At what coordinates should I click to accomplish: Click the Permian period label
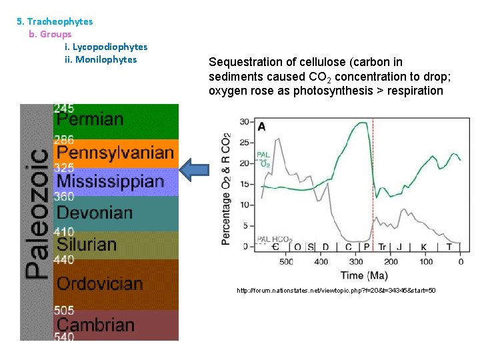(x=90, y=120)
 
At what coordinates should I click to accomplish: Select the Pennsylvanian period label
(x=115, y=153)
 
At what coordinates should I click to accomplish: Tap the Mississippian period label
(x=110, y=181)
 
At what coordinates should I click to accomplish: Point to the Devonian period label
(x=95, y=213)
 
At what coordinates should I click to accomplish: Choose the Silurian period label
(x=87, y=245)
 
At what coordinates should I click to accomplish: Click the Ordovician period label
(x=100, y=283)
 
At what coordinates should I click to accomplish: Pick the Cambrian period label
(x=95, y=325)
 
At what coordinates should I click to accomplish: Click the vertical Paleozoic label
(x=37, y=213)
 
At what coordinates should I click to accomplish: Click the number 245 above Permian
(x=64, y=108)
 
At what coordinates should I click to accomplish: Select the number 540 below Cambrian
(x=64, y=337)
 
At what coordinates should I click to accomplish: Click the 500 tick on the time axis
(x=286, y=261)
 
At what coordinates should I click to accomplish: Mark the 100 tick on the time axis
(x=425, y=261)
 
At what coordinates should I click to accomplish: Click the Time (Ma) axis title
(x=363, y=275)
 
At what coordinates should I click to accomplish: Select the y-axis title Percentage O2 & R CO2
(x=227, y=187)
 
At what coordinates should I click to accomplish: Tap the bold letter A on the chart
(x=262, y=127)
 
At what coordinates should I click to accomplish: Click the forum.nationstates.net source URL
(x=336, y=291)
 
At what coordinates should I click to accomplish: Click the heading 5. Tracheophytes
(x=55, y=21)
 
